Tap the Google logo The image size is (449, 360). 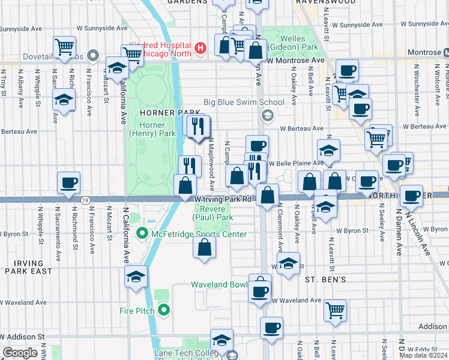coord(20,353)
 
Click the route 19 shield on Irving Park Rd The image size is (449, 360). coord(86,200)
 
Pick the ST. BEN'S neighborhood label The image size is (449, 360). coord(325,280)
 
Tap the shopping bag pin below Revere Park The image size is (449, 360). coord(205,247)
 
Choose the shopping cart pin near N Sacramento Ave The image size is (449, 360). coord(64,46)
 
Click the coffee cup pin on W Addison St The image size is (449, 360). coord(271,328)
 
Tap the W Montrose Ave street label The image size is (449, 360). coord(296,61)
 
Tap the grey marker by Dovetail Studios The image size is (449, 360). coord(93,56)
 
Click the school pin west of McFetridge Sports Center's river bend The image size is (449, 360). coord(136,277)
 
